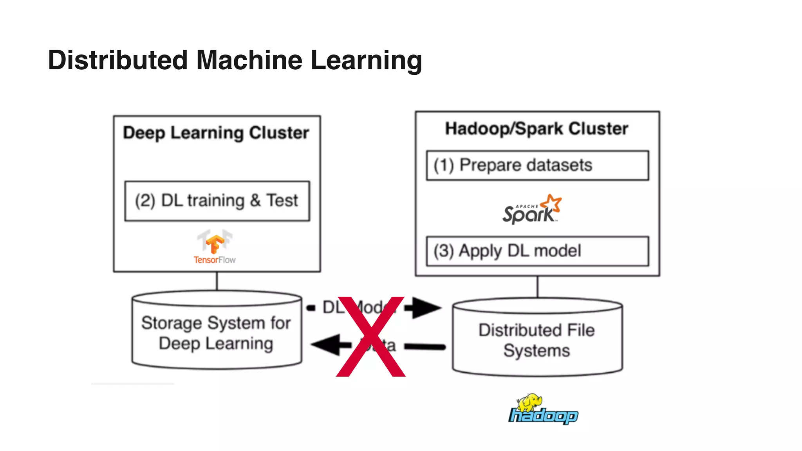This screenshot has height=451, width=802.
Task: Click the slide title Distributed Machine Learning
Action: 235,60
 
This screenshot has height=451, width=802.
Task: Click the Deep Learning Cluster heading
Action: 216,133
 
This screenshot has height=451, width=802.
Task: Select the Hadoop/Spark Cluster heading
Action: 536,129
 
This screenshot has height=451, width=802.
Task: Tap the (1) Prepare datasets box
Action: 537,165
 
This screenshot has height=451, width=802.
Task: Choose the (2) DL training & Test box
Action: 217,201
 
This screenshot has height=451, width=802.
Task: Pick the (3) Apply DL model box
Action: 537,251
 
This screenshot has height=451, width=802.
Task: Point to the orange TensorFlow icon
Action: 215,242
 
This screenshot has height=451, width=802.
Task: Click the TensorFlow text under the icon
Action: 215,260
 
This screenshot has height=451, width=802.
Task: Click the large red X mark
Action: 370,337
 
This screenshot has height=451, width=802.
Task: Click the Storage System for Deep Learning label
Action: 216,333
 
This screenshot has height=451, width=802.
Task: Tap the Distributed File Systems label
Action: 536,340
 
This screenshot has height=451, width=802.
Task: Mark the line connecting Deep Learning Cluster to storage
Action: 217,281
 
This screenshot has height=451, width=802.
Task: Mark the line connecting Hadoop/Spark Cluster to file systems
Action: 537,287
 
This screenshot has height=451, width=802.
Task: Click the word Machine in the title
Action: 249,60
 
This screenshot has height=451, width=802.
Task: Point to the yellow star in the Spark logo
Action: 552,203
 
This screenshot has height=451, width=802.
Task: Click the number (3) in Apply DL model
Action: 443,251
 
